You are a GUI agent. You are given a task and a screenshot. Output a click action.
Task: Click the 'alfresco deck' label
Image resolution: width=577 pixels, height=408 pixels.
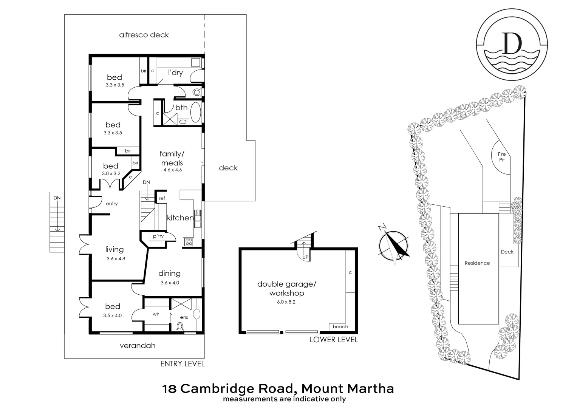[144, 35]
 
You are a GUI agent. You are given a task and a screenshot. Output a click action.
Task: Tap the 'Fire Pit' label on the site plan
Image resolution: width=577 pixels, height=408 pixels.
[501, 157]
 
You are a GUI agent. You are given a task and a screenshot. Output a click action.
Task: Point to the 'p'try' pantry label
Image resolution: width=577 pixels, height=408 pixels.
[158, 236]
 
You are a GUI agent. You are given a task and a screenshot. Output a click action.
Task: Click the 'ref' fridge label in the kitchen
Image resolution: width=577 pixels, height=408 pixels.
[162, 198]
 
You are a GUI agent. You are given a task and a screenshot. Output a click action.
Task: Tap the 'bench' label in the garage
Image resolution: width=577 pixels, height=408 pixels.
[340, 326]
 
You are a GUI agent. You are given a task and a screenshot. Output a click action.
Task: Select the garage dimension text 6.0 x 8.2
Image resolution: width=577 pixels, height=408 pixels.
[286, 302]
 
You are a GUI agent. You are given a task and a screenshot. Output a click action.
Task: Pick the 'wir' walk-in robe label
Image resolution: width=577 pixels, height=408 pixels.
[156, 314]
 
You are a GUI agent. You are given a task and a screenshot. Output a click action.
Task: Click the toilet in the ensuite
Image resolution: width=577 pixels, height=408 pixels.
[181, 326]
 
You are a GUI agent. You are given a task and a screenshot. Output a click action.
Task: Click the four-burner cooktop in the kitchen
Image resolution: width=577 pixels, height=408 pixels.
[188, 242]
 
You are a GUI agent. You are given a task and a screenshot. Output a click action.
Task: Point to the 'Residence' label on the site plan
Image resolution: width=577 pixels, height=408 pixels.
[477, 263]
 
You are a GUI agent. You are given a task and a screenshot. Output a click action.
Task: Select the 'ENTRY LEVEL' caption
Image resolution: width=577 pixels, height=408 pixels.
[182, 364]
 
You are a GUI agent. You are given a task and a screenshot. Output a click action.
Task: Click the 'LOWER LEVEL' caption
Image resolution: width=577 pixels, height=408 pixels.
[333, 340]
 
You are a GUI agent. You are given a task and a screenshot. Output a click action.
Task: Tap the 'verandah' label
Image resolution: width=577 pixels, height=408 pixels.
[138, 346]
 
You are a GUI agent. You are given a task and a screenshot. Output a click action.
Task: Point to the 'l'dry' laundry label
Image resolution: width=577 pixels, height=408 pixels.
[175, 72]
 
